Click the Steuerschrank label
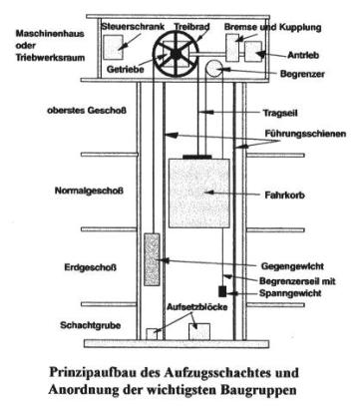coord(133,27)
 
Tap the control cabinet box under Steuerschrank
coord(113,48)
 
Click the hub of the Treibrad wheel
coord(176,53)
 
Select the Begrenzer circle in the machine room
coord(214,69)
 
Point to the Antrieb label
coord(303,55)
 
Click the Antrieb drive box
coord(253,52)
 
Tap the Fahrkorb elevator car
coord(199,194)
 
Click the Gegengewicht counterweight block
coord(152,259)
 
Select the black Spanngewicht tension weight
coord(222,291)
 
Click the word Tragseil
coord(280,113)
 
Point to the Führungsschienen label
coord(305,134)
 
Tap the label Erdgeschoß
coord(91,267)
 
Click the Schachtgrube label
coord(91,325)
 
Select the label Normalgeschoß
coord(89,191)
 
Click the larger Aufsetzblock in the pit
coord(199,331)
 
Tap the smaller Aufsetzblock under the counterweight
coord(152,334)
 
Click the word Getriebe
coord(126,69)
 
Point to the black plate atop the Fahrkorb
coord(197,157)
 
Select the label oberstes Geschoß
coord(87,111)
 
